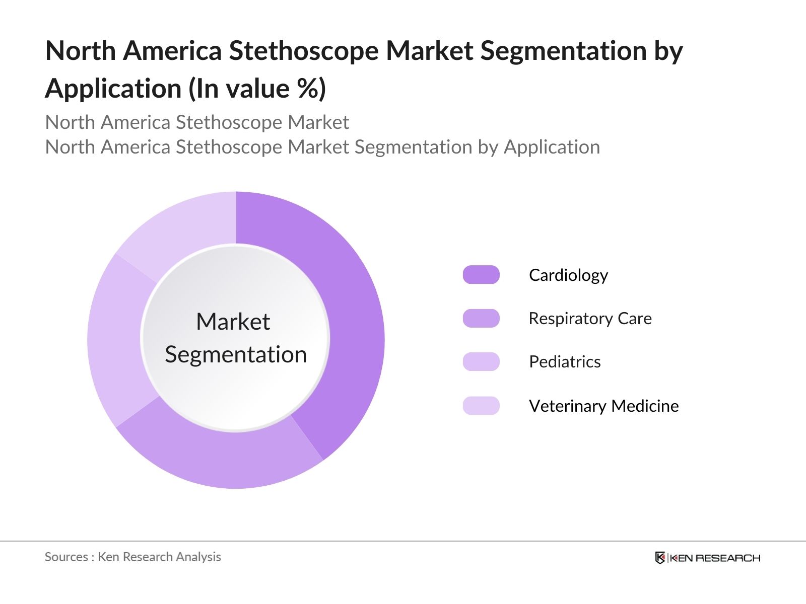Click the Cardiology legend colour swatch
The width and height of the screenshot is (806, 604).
point(481,275)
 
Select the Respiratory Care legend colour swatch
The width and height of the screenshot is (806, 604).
point(481,318)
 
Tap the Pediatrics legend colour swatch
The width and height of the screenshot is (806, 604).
point(481,362)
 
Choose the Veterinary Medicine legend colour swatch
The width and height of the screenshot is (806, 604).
point(481,406)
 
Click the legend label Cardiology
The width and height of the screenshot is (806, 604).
point(568,275)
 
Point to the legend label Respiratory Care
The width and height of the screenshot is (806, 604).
point(590,319)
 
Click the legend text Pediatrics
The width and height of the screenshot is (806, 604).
point(565,362)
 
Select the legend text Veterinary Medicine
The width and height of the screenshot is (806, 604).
point(603,406)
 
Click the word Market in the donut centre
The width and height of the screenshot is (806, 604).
point(233,322)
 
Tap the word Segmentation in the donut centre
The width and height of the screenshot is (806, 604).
point(236,354)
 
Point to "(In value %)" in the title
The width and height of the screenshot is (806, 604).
point(257,89)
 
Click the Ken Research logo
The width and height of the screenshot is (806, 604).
point(707,558)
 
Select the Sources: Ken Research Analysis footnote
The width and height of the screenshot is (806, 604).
point(133,557)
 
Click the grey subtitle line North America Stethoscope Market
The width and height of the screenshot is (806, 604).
point(197,122)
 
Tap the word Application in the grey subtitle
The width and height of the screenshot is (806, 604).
point(552,147)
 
